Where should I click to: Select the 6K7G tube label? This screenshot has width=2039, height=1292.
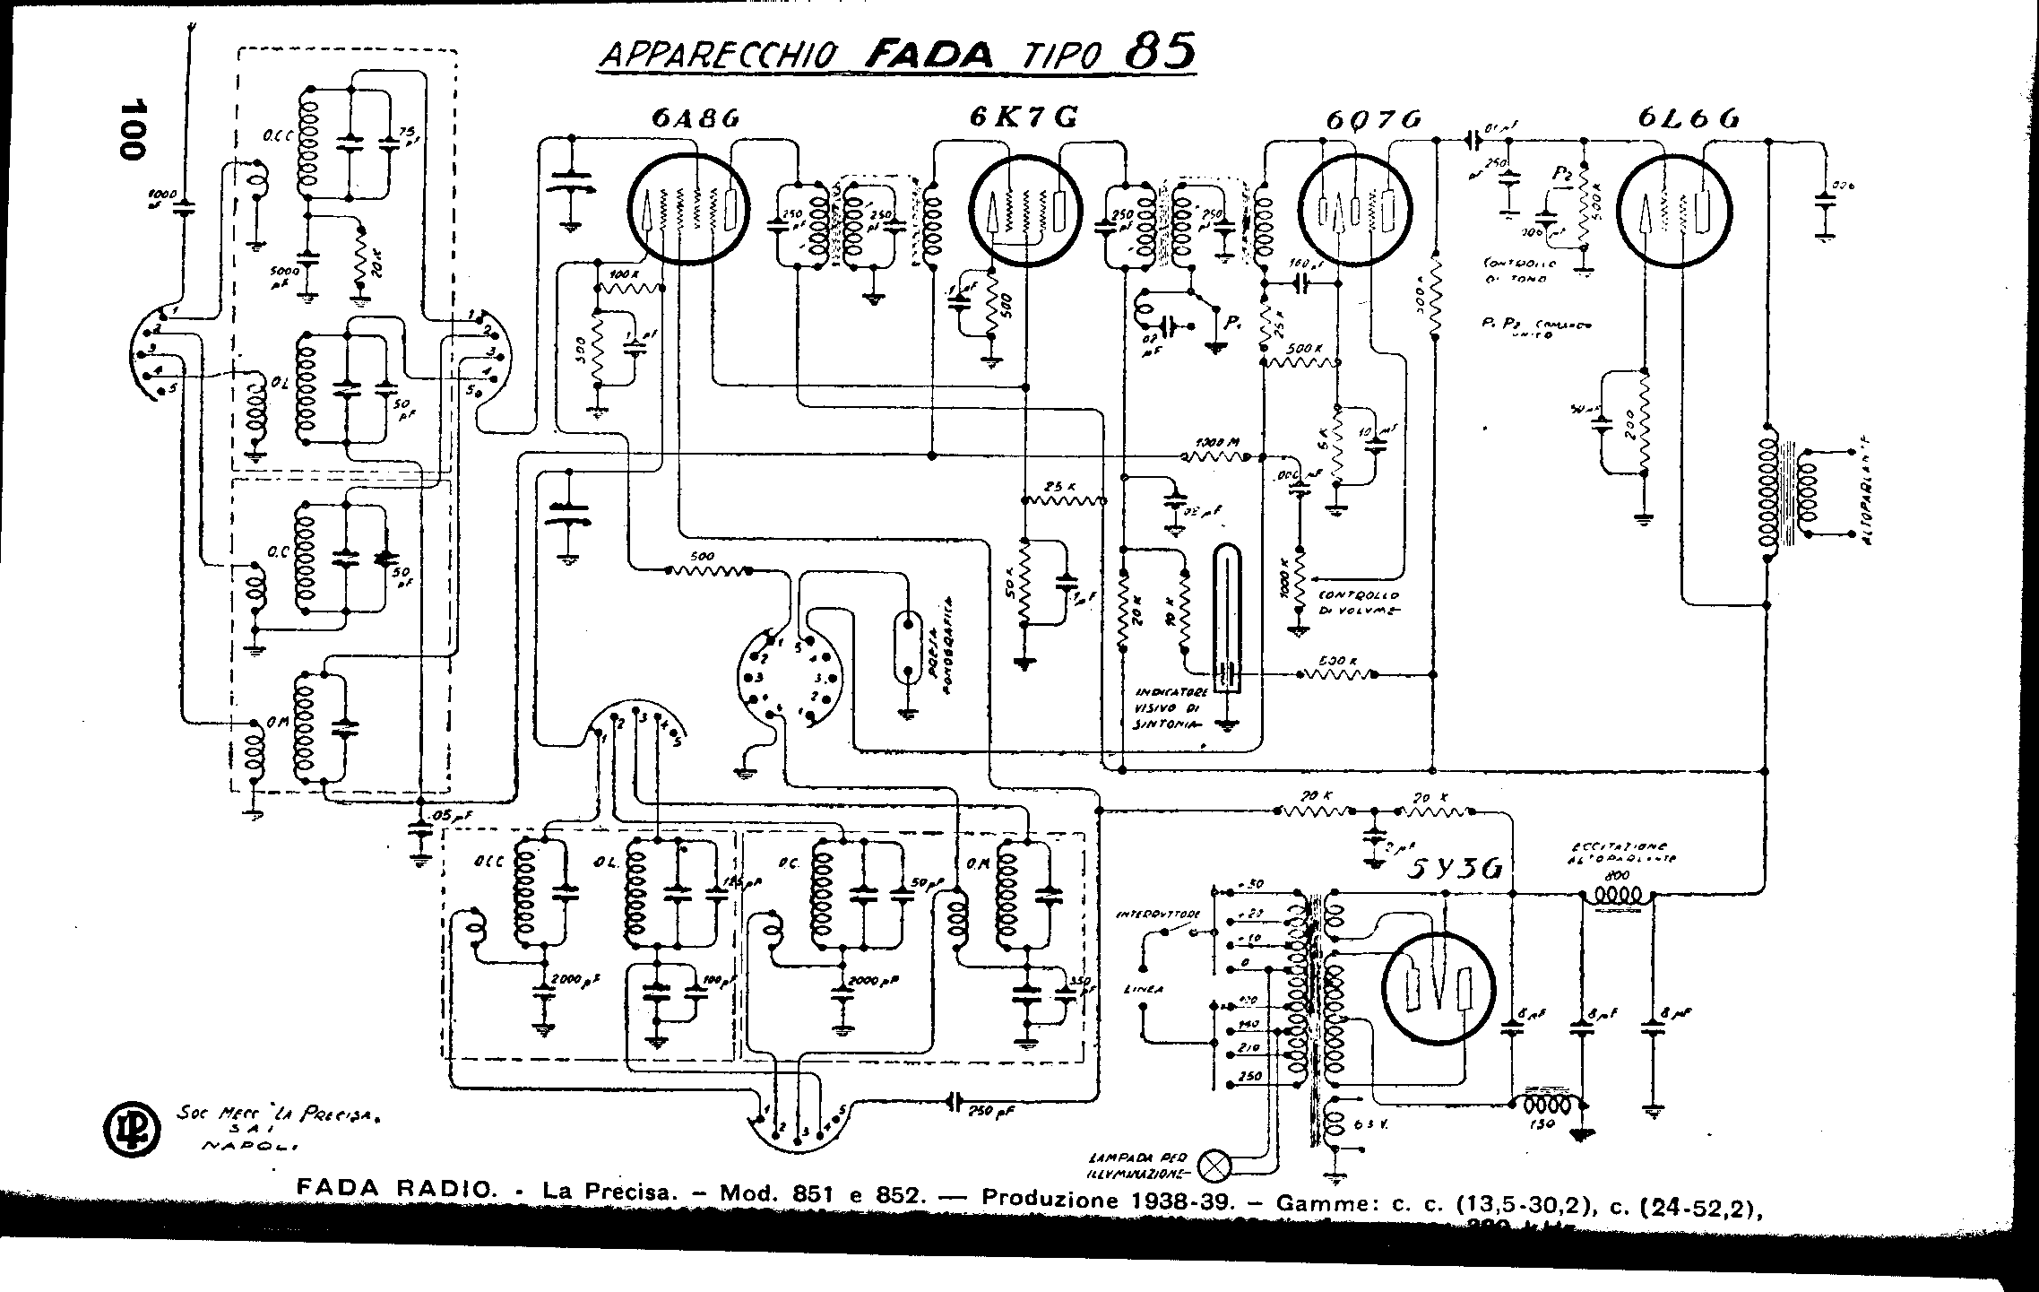point(1022,117)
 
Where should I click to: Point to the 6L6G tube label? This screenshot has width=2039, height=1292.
point(1689,118)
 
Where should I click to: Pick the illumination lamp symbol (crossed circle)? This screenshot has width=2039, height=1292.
point(1214,1166)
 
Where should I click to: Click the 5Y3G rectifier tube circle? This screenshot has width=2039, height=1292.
point(1438,989)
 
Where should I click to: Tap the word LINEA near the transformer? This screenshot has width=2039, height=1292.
point(1144,989)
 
